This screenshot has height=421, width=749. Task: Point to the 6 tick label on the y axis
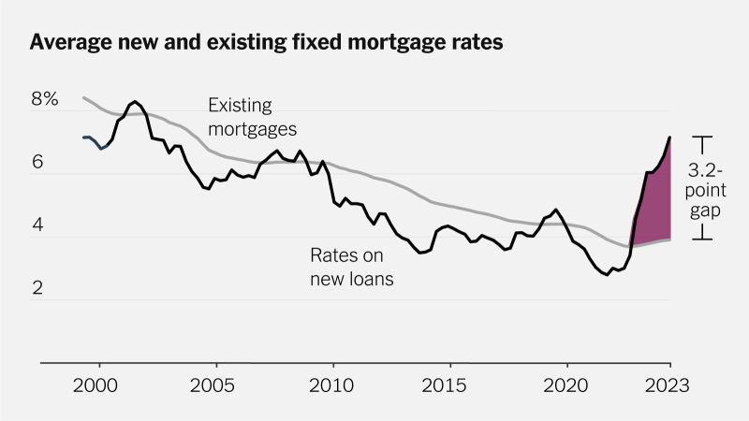pyautogui.click(x=38, y=162)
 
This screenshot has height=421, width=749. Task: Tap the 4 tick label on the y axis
pyautogui.click(x=38, y=225)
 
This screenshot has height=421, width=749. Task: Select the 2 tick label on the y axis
pyautogui.click(x=38, y=288)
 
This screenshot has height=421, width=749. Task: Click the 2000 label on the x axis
pyautogui.click(x=98, y=385)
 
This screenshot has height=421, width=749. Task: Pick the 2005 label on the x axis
pyautogui.click(x=216, y=385)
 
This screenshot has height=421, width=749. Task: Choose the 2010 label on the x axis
pyautogui.click(x=333, y=385)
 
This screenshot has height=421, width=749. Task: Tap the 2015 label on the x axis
pyautogui.click(x=450, y=385)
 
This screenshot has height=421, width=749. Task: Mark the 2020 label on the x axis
pyautogui.click(x=567, y=385)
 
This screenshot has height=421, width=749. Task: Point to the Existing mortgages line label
pyautogui.click(x=252, y=116)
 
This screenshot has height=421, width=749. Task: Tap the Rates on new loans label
pyautogui.click(x=351, y=265)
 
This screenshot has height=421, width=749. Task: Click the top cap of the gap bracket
pyautogui.click(x=702, y=138)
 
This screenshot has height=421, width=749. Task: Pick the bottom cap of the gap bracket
pyautogui.click(x=702, y=240)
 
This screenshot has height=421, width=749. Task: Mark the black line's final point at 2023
pyautogui.click(x=670, y=138)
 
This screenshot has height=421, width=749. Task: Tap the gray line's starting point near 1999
pyautogui.click(x=83, y=97)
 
